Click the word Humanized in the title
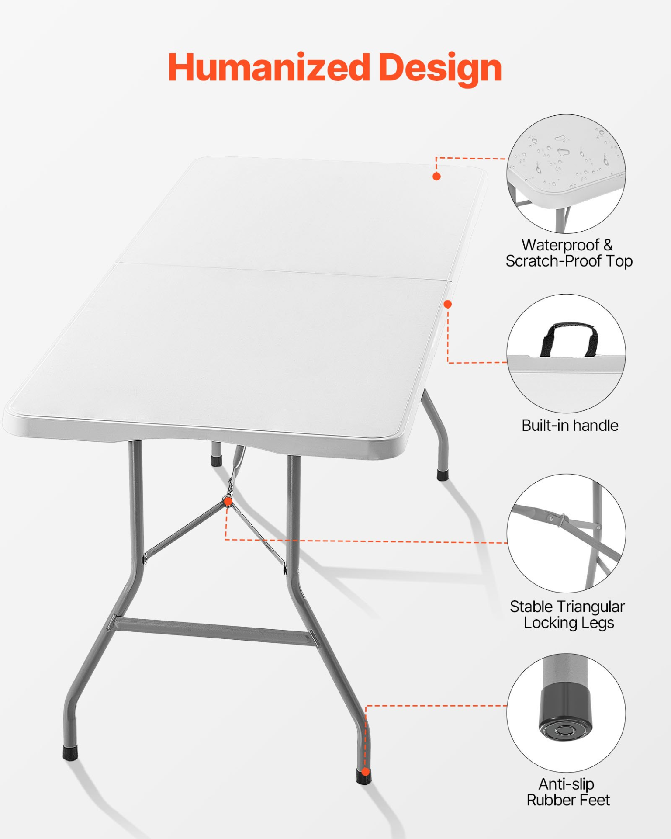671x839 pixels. click(x=269, y=67)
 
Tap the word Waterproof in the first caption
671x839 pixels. click(x=560, y=246)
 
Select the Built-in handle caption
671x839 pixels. click(x=570, y=426)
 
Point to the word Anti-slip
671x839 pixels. click(x=566, y=784)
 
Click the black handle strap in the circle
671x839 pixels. click(x=570, y=339)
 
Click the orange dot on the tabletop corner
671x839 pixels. click(x=436, y=176)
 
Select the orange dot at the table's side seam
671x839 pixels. click(x=447, y=304)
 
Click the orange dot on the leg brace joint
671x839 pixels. click(x=227, y=502)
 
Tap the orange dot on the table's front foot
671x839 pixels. click(x=365, y=773)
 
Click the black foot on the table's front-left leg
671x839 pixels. click(x=70, y=752)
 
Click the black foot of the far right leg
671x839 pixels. click(x=443, y=475)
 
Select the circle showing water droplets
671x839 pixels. click(x=566, y=173)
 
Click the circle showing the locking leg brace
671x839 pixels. click(x=566, y=533)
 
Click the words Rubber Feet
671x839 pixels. click(x=568, y=800)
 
